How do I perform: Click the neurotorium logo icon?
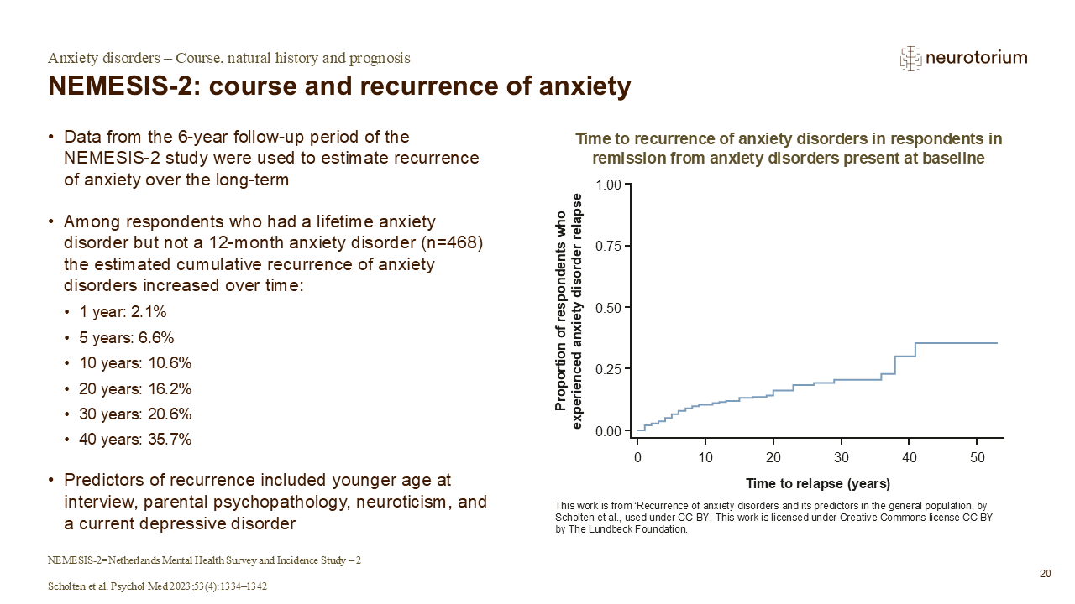click(910, 58)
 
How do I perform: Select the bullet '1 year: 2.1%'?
click(123, 312)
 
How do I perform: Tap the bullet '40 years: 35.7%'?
click(135, 440)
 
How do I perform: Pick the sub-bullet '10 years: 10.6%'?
click(135, 363)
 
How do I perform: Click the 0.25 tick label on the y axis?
click(608, 369)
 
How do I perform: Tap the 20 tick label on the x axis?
click(773, 457)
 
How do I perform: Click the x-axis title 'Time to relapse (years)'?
click(817, 484)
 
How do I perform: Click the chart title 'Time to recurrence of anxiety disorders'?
click(787, 139)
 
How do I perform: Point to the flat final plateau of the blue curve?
click(957, 343)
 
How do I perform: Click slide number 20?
click(1045, 574)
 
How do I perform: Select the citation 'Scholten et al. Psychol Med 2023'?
click(157, 586)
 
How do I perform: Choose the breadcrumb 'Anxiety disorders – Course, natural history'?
click(228, 58)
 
